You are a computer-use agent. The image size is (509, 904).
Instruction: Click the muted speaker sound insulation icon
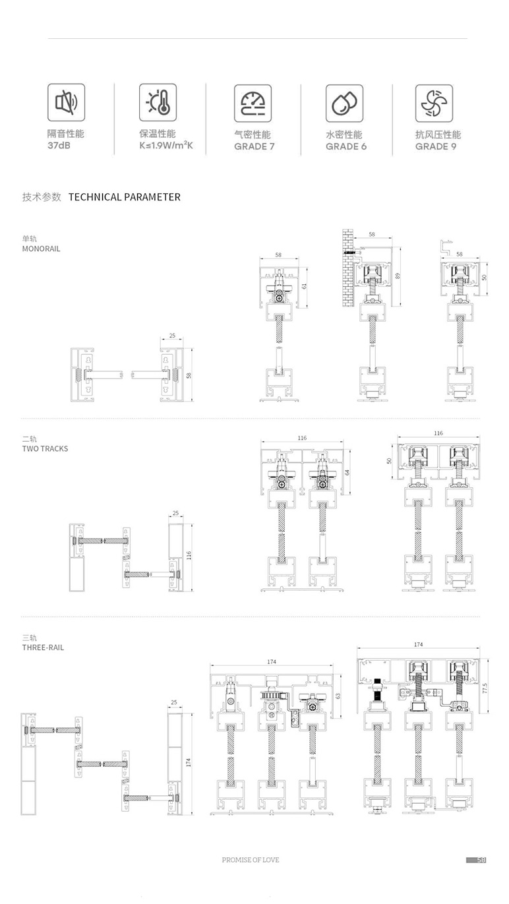coord(66,102)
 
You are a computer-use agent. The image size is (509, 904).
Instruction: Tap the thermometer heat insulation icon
coord(158,102)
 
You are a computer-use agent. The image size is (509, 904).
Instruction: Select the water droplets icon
coord(344,103)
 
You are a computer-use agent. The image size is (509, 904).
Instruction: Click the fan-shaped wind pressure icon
coord(433,103)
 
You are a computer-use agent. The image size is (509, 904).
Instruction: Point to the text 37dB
coord(59,146)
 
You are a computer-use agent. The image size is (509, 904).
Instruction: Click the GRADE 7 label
coord(254,146)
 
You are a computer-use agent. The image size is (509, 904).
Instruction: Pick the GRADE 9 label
coord(435,146)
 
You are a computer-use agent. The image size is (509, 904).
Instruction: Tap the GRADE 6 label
coord(345,146)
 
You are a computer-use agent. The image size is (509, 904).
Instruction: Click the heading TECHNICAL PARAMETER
coord(124,197)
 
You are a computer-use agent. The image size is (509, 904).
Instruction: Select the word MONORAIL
coord(41,249)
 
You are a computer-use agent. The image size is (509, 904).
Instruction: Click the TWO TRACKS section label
coord(45,449)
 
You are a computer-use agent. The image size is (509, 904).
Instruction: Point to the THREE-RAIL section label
coord(43,648)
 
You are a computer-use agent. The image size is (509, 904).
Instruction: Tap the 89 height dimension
coord(398,276)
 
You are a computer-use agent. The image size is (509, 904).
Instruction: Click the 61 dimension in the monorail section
coord(305,286)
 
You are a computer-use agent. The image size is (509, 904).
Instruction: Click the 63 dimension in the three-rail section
coord(338,696)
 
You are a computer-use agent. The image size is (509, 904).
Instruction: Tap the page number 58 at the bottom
coord(481,860)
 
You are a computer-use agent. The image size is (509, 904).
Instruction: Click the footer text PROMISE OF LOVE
coord(250,860)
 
